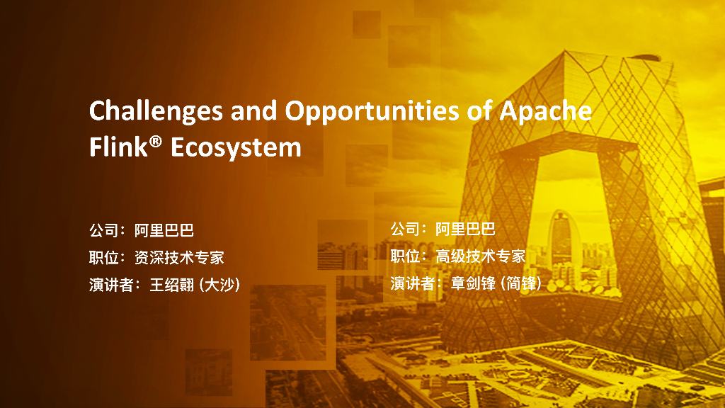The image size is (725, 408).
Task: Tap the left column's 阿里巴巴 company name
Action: click(x=164, y=230)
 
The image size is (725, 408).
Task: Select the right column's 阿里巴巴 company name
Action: click(x=465, y=229)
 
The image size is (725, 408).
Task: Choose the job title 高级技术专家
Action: click(x=481, y=256)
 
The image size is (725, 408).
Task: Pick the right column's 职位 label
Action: click(x=408, y=256)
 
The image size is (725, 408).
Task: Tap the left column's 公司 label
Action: click(x=103, y=230)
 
